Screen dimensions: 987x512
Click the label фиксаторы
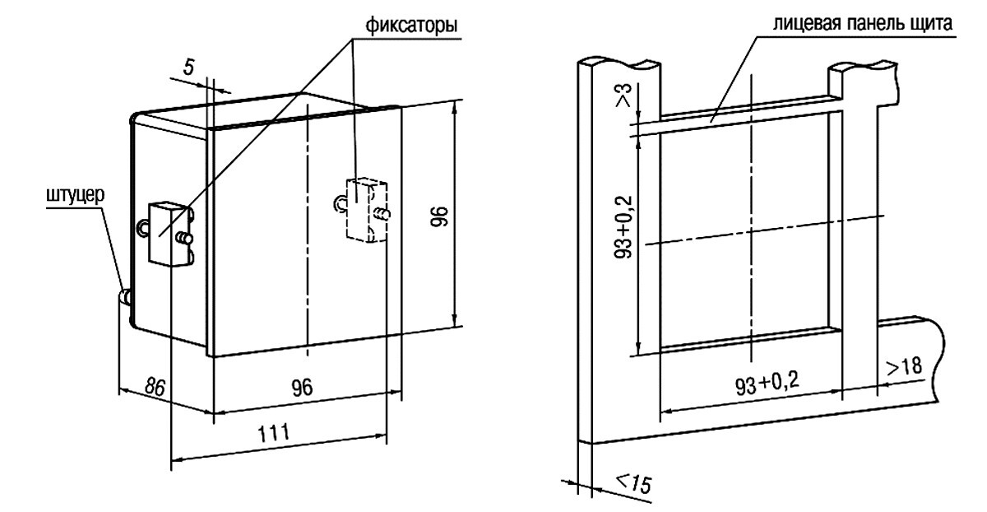click(x=410, y=26)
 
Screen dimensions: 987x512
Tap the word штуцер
click(x=76, y=195)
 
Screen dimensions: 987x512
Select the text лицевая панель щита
click(x=862, y=23)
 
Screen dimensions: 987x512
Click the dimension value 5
click(x=188, y=67)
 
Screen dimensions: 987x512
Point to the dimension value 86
click(x=155, y=387)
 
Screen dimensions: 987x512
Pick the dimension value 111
click(x=274, y=433)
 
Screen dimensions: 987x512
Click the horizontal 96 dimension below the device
click(x=303, y=387)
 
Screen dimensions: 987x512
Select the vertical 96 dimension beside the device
click(x=439, y=216)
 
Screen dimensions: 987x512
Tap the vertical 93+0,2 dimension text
click(x=623, y=226)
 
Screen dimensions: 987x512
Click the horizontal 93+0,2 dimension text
click(x=767, y=384)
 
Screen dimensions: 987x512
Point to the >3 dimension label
click(x=624, y=95)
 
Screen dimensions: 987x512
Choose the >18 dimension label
click(x=903, y=367)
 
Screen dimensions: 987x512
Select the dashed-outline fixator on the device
click(x=366, y=209)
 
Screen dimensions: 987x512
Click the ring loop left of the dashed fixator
click(x=341, y=202)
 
